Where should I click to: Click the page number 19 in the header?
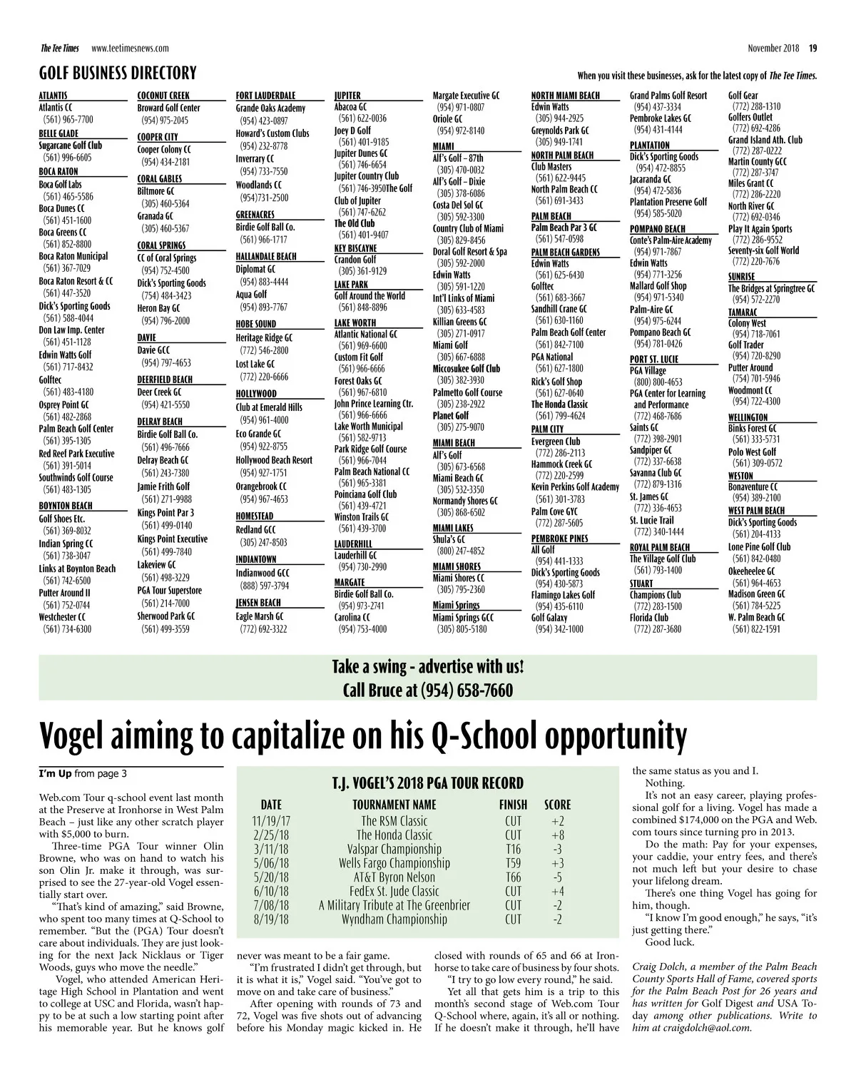812,49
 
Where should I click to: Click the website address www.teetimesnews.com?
130,49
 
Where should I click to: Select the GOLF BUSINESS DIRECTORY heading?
118,73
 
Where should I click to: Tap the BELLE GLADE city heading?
58,133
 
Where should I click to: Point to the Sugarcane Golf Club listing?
70,146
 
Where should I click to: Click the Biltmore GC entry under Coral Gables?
156,191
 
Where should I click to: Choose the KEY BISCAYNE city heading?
355,248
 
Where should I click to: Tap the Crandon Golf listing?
355,260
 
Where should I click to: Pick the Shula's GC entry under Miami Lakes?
448,539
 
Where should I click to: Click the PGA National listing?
551,357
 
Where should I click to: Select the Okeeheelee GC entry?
751,571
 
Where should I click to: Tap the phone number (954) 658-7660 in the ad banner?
467,691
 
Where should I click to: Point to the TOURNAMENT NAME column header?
394,805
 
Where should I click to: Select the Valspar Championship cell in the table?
394,849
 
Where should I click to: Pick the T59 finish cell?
513,863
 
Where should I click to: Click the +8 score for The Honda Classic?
557,835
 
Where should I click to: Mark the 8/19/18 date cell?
270,919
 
